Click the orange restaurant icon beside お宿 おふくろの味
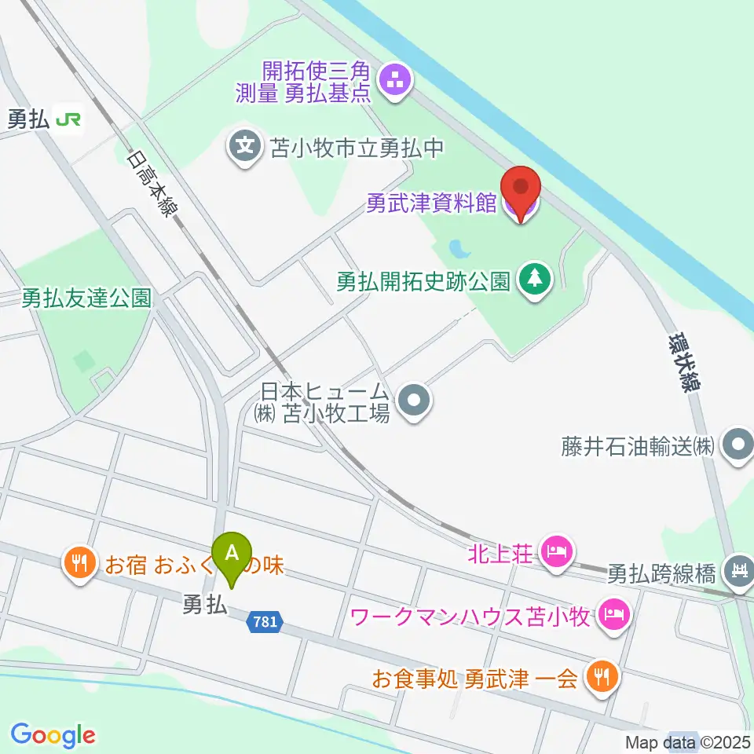pyautogui.click(x=81, y=562)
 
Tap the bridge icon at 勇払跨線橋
pyautogui.click(x=738, y=568)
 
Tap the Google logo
pyautogui.click(x=53, y=735)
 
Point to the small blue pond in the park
pyautogui.click(x=459, y=250)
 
